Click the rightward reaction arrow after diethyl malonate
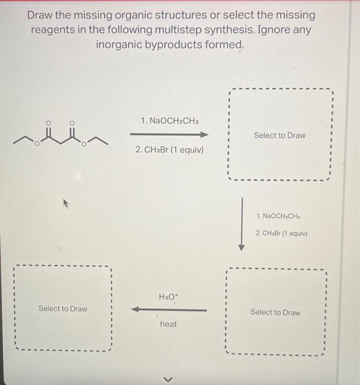coord(169,135)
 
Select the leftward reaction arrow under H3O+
coord(168,310)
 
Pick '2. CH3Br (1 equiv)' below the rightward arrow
coord(169,149)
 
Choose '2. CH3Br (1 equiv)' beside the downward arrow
coord(282,233)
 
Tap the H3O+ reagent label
coord(168,297)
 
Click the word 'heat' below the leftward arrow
coord(168,324)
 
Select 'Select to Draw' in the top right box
coord(280,135)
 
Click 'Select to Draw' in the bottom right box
coord(275,312)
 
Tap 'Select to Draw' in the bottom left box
coord(63,309)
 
